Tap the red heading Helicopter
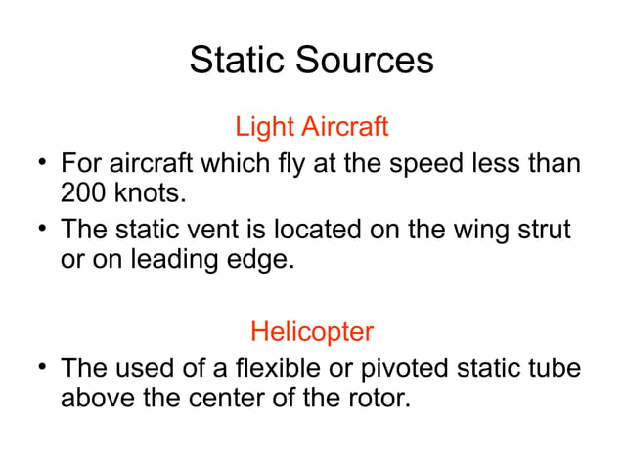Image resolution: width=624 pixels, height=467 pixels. tap(311, 331)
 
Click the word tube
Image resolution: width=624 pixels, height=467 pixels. tap(553, 369)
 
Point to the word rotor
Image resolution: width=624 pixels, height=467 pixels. tap(373, 400)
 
